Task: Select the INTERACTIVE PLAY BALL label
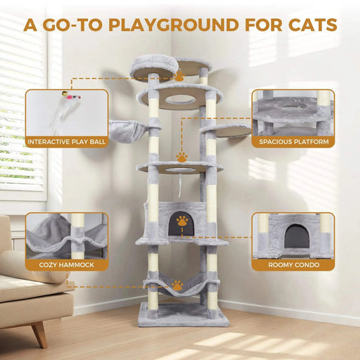[x=67, y=141]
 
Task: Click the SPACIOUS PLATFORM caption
[x=292, y=141]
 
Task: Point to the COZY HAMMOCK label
[x=67, y=266]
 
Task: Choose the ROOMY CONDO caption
[x=292, y=266]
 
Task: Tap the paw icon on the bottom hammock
[x=178, y=285]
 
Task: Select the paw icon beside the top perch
[x=180, y=75]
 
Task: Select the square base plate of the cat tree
[x=184, y=314]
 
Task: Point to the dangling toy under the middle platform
[x=181, y=184]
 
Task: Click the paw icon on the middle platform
[x=182, y=157]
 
